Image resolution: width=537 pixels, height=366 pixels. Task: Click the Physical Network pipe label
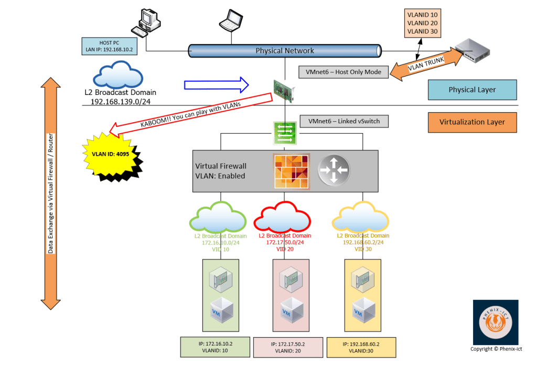pos(285,51)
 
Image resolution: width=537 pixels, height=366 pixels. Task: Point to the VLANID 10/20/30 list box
pos(422,23)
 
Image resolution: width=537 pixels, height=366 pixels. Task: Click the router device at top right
pos(472,49)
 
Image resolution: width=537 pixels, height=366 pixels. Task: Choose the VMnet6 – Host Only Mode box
pos(343,71)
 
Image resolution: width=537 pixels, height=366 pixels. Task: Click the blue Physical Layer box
pos(472,90)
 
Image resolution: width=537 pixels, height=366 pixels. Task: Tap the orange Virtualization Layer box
pos(472,122)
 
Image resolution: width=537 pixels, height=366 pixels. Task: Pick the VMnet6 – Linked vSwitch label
pos(343,121)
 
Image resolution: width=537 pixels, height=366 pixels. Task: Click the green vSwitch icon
pos(285,133)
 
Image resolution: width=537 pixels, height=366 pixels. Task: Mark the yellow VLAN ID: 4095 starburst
pos(112,155)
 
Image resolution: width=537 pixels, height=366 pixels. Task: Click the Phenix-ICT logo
pos(496,322)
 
